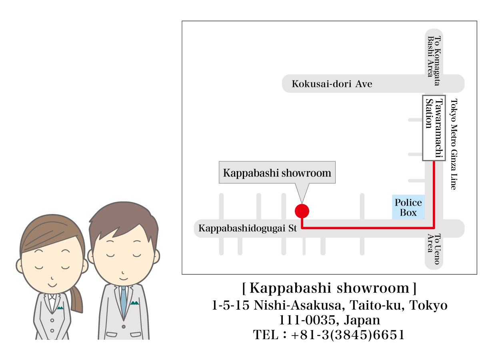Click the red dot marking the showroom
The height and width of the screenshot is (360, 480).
(x=302, y=210)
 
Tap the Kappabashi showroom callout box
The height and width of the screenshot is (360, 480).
(x=277, y=173)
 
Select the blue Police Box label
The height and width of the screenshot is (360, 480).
(x=408, y=208)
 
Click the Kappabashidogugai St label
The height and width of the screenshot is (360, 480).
(x=248, y=229)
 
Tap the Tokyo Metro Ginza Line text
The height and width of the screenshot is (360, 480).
(x=453, y=144)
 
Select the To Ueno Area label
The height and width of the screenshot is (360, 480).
(x=434, y=249)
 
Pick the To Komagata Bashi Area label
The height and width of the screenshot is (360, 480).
(x=434, y=56)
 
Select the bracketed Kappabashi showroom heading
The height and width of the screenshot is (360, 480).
(x=329, y=288)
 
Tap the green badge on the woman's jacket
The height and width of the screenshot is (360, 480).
(x=60, y=308)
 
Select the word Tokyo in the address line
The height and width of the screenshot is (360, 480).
(x=428, y=306)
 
